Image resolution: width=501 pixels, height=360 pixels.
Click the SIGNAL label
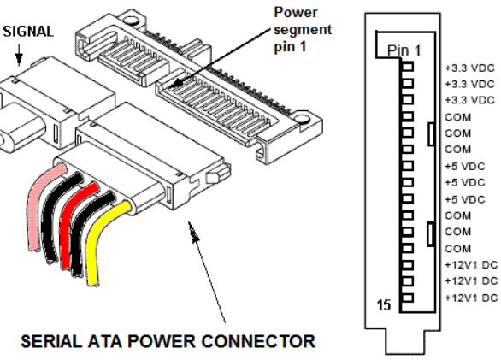pyautogui.click(x=28, y=32)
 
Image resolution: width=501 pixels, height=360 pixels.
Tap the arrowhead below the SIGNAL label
pyautogui.click(x=19, y=59)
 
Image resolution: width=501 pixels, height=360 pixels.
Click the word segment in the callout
pyautogui.click(x=303, y=30)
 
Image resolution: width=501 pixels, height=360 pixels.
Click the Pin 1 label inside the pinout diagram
pyautogui.click(x=404, y=50)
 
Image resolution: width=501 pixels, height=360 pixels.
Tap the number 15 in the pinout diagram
pyautogui.click(x=384, y=305)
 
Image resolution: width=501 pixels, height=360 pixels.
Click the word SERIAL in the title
pyautogui.click(x=51, y=341)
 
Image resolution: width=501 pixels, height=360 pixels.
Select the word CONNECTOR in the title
pyautogui.click(x=258, y=341)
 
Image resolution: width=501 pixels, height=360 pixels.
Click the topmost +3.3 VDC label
pyautogui.click(x=469, y=68)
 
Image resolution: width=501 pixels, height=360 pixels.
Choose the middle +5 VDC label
pyautogui.click(x=465, y=182)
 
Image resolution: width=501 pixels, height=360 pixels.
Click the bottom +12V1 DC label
pyautogui.click(x=471, y=298)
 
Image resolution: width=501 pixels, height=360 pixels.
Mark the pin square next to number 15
pyautogui.click(x=407, y=298)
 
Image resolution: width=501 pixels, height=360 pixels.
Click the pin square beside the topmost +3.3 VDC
pyautogui.click(x=407, y=67)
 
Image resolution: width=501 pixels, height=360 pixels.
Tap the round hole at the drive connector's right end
pyautogui.click(x=302, y=119)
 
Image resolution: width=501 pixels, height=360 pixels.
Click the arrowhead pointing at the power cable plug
pyautogui.click(x=193, y=233)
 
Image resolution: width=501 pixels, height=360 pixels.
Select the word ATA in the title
pyautogui.click(x=104, y=341)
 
